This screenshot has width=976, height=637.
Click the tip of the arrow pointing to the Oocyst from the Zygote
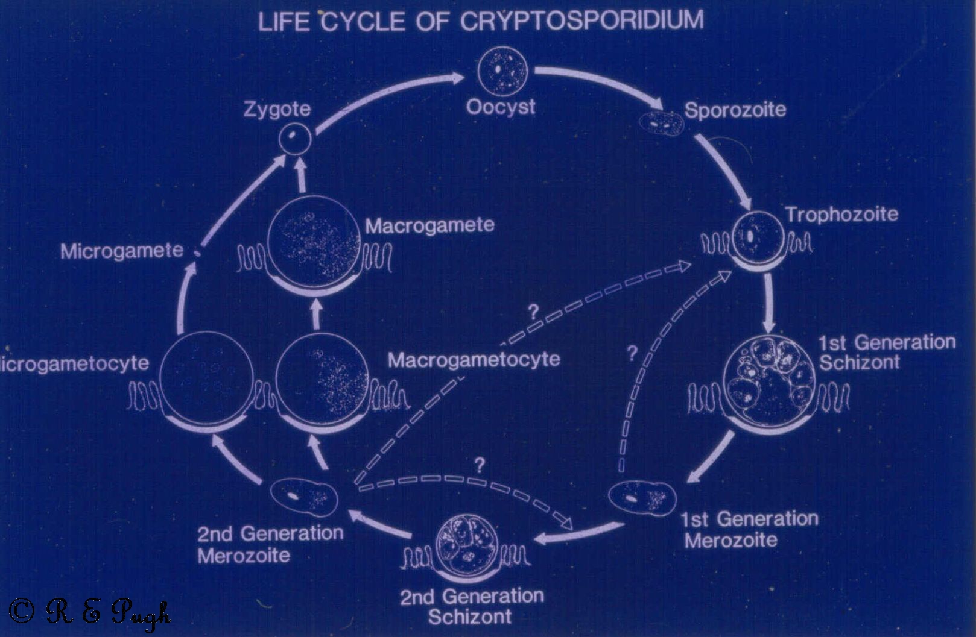point(464,78)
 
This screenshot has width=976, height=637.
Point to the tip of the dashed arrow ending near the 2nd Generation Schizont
point(572,529)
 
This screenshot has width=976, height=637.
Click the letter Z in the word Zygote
point(249,109)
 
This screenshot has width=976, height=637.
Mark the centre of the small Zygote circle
point(295,139)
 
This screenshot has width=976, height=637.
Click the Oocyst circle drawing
point(503,71)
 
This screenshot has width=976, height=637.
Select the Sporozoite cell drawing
point(661,123)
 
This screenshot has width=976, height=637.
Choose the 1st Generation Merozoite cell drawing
point(642,498)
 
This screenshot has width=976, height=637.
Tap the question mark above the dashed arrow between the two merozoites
point(480,466)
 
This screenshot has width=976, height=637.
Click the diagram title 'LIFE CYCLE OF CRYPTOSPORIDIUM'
point(481,21)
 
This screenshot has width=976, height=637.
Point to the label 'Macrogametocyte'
point(474,360)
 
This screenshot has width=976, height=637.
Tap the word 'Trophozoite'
point(842,214)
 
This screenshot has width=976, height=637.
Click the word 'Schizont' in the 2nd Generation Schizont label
point(470,616)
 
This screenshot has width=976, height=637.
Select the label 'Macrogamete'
point(429,226)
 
